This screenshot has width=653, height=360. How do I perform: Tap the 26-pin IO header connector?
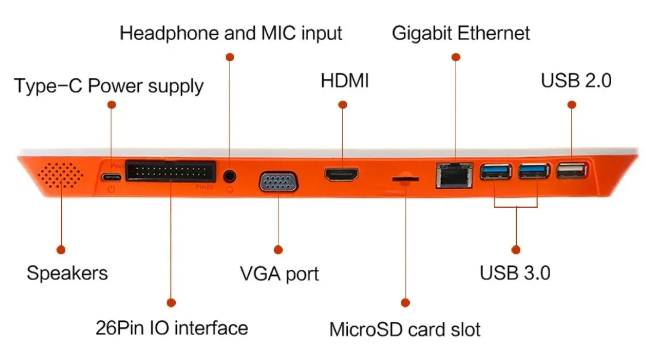click(x=170, y=171)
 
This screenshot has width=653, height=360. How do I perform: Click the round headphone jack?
click(x=230, y=176)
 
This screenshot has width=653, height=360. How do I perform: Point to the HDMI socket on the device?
click(x=342, y=175)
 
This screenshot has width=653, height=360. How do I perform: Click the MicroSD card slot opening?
click(x=405, y=178)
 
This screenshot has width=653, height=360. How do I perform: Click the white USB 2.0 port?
click(x=571, y=172)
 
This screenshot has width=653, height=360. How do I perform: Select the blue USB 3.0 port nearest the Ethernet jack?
click(x=496, y=172)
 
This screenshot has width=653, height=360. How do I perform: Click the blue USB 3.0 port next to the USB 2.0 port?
click(x=534, y=172)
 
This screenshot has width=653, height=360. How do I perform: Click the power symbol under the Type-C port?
click(x=112, y=189)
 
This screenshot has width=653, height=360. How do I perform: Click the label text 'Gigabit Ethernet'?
click(x=460, y=33)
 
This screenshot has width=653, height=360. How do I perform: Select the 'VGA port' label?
click(x=280, y=274)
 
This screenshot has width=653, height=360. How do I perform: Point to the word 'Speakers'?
click(x=67, y=272)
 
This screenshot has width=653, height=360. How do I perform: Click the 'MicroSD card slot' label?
click(x=405, y=330)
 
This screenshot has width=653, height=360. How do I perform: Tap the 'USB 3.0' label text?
click(x=515, y=272)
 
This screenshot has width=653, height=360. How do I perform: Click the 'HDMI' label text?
click(x=345, y=81)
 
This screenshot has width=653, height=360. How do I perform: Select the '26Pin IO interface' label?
click(x=171, y=328)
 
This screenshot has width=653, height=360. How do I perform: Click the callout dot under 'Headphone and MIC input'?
click(x=230, y=57)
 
